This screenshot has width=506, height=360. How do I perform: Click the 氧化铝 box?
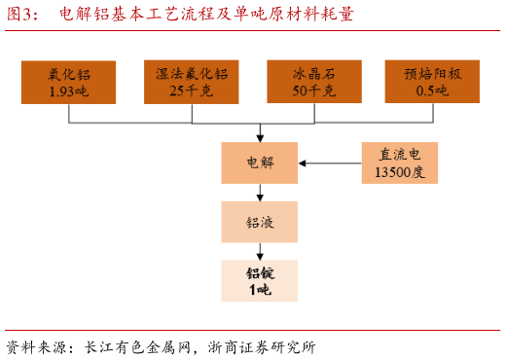pyautogui.click(x=68, y=83)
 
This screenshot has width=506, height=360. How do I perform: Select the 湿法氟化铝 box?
pyautogui.click(x=192, y=83)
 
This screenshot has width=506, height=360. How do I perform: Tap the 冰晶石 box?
pyautogui.click(x=314, y=83)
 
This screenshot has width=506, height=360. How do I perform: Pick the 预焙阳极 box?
pyautogui.click(x=431, y=83)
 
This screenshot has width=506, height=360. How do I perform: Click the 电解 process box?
pyautogui.click(x=259, y=162)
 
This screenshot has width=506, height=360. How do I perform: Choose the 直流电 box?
pyautogui.click(x=400, y=162)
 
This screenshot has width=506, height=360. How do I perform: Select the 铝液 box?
pyautogui.click(x=259, y=222)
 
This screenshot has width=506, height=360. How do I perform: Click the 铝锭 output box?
pyautogui.click(x=259, y=280)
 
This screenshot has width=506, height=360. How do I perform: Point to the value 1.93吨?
pyautogui.click(x=68, y=91)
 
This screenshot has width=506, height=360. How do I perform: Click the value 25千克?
pyautogui.click(x=192, y=91)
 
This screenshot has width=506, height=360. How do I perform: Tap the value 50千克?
pyautogui.click(x=314, y=91)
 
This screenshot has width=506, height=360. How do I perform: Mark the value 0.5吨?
pyautogui.click(x=431, y=91)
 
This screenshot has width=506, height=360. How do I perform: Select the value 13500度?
pyautogui.click(x=400, y=172)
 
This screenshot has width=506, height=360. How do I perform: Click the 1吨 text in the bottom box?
pyautogui.click(x=259, y=289)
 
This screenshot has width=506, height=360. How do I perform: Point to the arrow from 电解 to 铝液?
pyautogui.click(x=260, y=193)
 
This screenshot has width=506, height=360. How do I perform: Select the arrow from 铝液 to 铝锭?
pyautogui.click(x=260, y=251)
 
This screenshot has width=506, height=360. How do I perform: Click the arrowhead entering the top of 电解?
pyautogui.click(x=260, y=137)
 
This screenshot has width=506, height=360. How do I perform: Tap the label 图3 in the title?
pyautogui.click(x=21, y=14)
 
